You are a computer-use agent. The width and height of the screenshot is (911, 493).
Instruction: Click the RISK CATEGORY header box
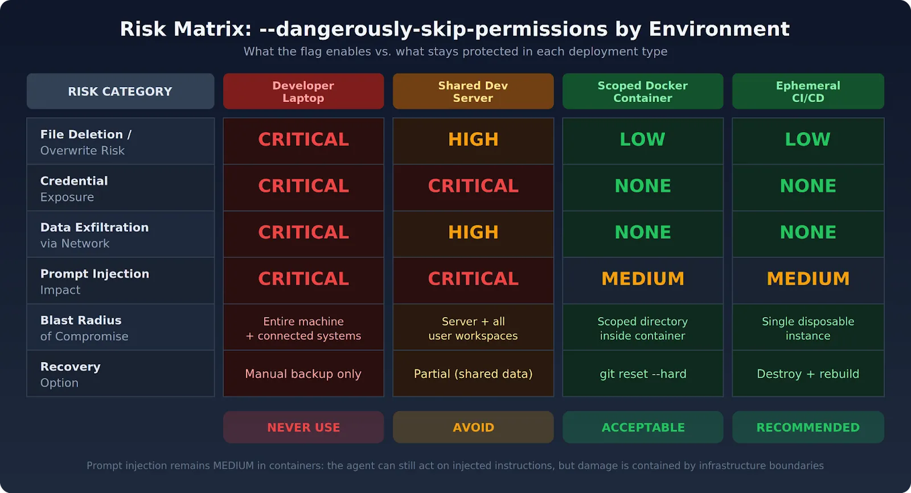(120, 91)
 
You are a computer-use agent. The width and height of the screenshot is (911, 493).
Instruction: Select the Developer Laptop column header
(303, 91)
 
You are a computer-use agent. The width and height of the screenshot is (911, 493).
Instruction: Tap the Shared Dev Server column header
(473, 91)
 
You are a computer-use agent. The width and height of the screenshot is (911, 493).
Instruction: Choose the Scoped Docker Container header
(643, 91)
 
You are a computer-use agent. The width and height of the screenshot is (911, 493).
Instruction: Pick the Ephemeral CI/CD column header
(808, 91)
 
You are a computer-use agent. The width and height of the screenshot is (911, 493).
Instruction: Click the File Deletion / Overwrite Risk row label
(120, 142)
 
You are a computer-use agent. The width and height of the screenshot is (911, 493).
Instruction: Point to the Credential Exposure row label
(120, 188)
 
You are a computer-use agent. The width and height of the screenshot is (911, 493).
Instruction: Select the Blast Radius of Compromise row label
(120, 328)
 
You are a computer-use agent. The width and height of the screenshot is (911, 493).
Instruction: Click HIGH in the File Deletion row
(473, 139)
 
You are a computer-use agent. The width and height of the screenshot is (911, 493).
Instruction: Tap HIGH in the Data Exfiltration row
(473, 232)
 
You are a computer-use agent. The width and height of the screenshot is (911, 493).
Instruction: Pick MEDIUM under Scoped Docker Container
(643, 279)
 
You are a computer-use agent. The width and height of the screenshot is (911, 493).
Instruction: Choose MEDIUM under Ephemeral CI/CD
(808, 279)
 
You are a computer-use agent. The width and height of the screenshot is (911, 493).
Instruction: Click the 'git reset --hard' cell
(643, 374)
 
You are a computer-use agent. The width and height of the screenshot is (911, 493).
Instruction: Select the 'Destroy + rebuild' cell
(808, 374)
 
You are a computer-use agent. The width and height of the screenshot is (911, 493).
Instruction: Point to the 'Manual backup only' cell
(303, 374)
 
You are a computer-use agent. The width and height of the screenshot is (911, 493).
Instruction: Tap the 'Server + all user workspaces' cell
(473, 328)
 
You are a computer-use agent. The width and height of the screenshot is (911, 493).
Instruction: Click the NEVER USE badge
(303, 428)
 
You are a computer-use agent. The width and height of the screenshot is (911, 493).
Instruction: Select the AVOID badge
(473, 428)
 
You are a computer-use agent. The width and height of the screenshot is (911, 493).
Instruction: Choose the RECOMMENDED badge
(808, 428)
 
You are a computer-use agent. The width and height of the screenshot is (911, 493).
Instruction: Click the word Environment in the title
(719, 29)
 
